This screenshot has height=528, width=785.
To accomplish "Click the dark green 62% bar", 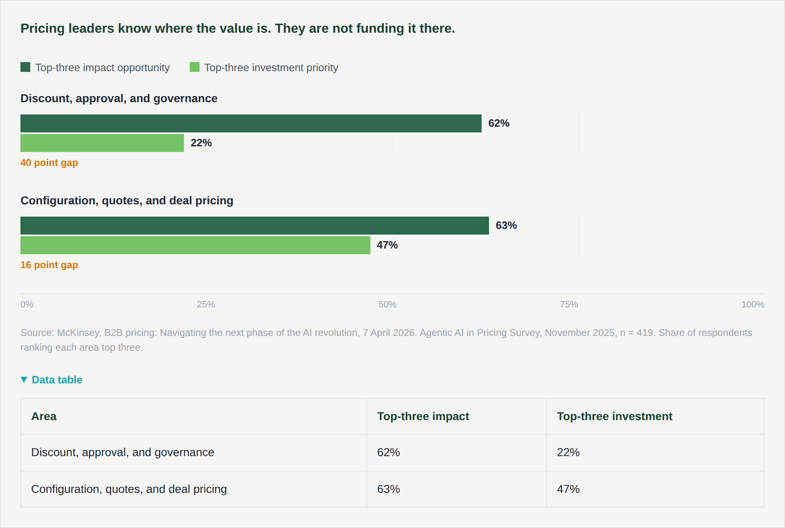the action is click(251, 123).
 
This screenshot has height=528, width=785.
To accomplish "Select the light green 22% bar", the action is click(102, 143).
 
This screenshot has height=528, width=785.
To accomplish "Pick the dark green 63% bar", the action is click(255, 226).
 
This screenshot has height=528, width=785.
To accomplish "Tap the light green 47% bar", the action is click(195, 245).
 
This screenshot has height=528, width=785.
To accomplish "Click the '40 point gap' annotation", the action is click(49, 163).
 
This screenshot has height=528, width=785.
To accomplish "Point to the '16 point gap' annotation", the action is click(49, 265).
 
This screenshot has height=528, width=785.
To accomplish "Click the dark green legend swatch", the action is click(25, 67).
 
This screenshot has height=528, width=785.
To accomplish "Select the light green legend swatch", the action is click(195, 67).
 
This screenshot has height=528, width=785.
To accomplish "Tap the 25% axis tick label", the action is click(206, 304).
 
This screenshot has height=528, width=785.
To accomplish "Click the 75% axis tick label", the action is click(569, 304).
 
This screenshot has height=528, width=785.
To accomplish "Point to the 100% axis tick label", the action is click(753, 304).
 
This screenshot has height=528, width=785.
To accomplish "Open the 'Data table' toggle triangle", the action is click(24, 380).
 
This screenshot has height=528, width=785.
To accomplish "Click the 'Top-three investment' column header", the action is click(615, 416).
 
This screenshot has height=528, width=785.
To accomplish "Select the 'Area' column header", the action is click(44, 416).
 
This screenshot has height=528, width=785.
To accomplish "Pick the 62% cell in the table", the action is click(388, 452).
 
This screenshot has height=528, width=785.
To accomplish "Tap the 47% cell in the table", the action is click(568, 489).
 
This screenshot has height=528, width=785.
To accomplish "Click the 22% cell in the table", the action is click(568, 452).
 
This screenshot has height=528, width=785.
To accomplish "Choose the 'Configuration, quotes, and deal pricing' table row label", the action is click(129, 489).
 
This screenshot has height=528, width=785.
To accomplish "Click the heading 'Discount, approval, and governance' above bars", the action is click(119, 98).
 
